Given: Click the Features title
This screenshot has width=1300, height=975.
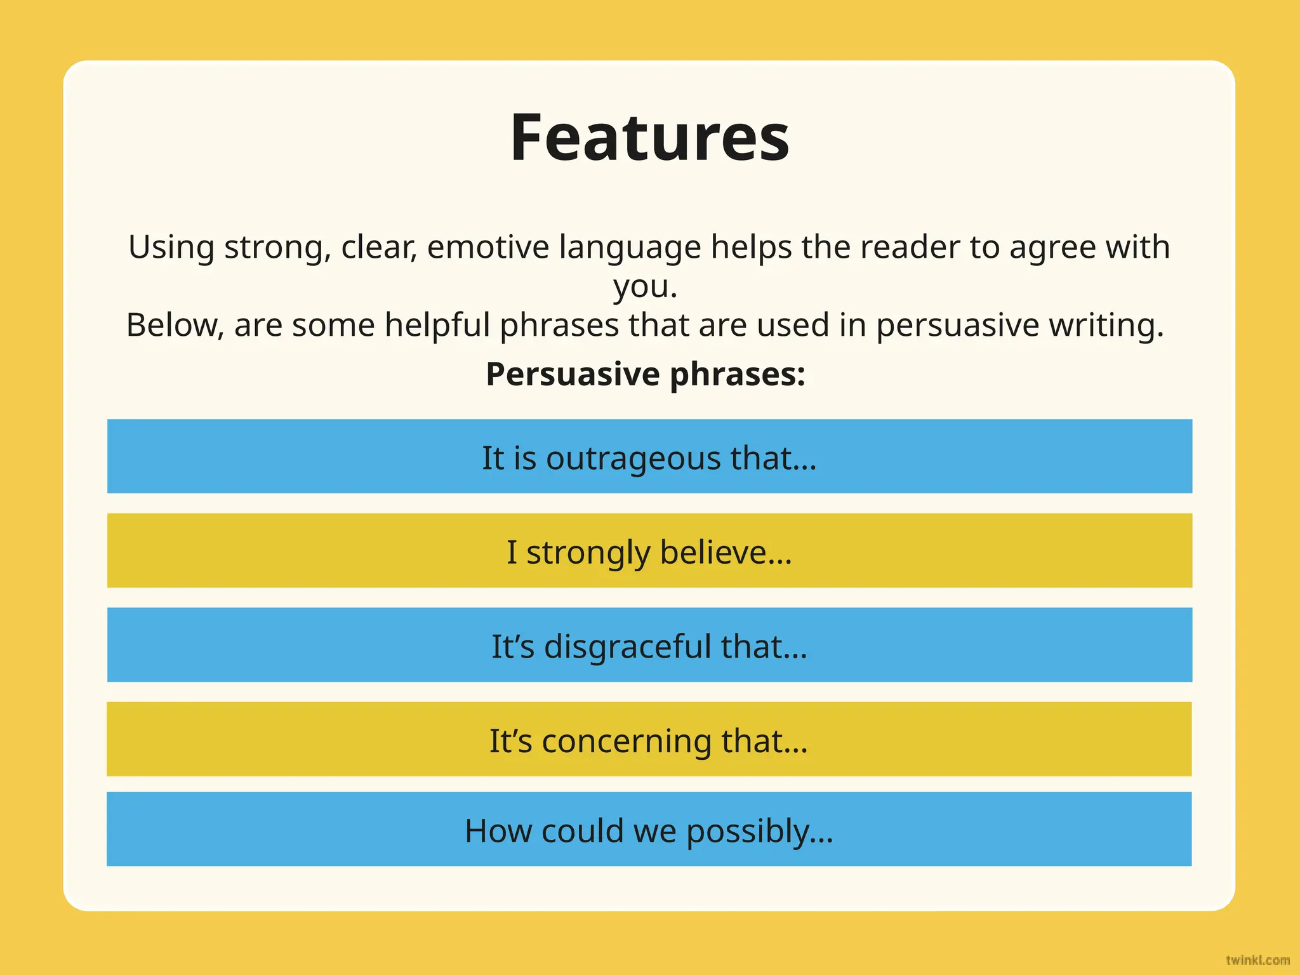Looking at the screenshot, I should pos(649,137).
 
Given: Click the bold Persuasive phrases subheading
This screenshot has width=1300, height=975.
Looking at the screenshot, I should pos(646,374).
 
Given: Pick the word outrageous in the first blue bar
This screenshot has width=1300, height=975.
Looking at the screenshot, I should pos(633,458).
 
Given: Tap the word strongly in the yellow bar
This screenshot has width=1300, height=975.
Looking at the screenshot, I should pos(588,552).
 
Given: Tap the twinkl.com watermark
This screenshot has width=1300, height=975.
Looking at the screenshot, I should pos(1257,960).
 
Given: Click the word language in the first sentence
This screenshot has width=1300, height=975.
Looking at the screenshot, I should pos(630,247).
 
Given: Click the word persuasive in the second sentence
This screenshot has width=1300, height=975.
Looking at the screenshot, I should pos(957,325).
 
